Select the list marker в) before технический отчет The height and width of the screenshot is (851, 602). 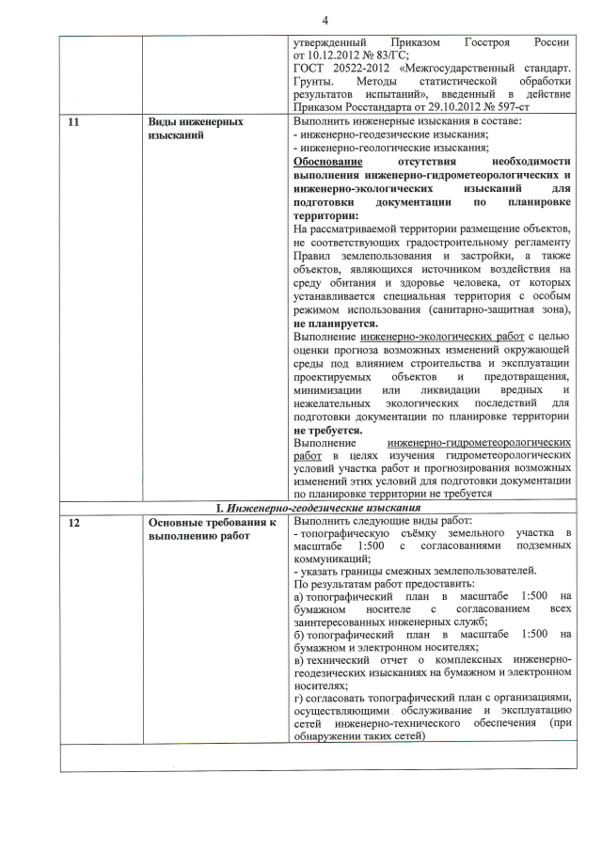(298, 663)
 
